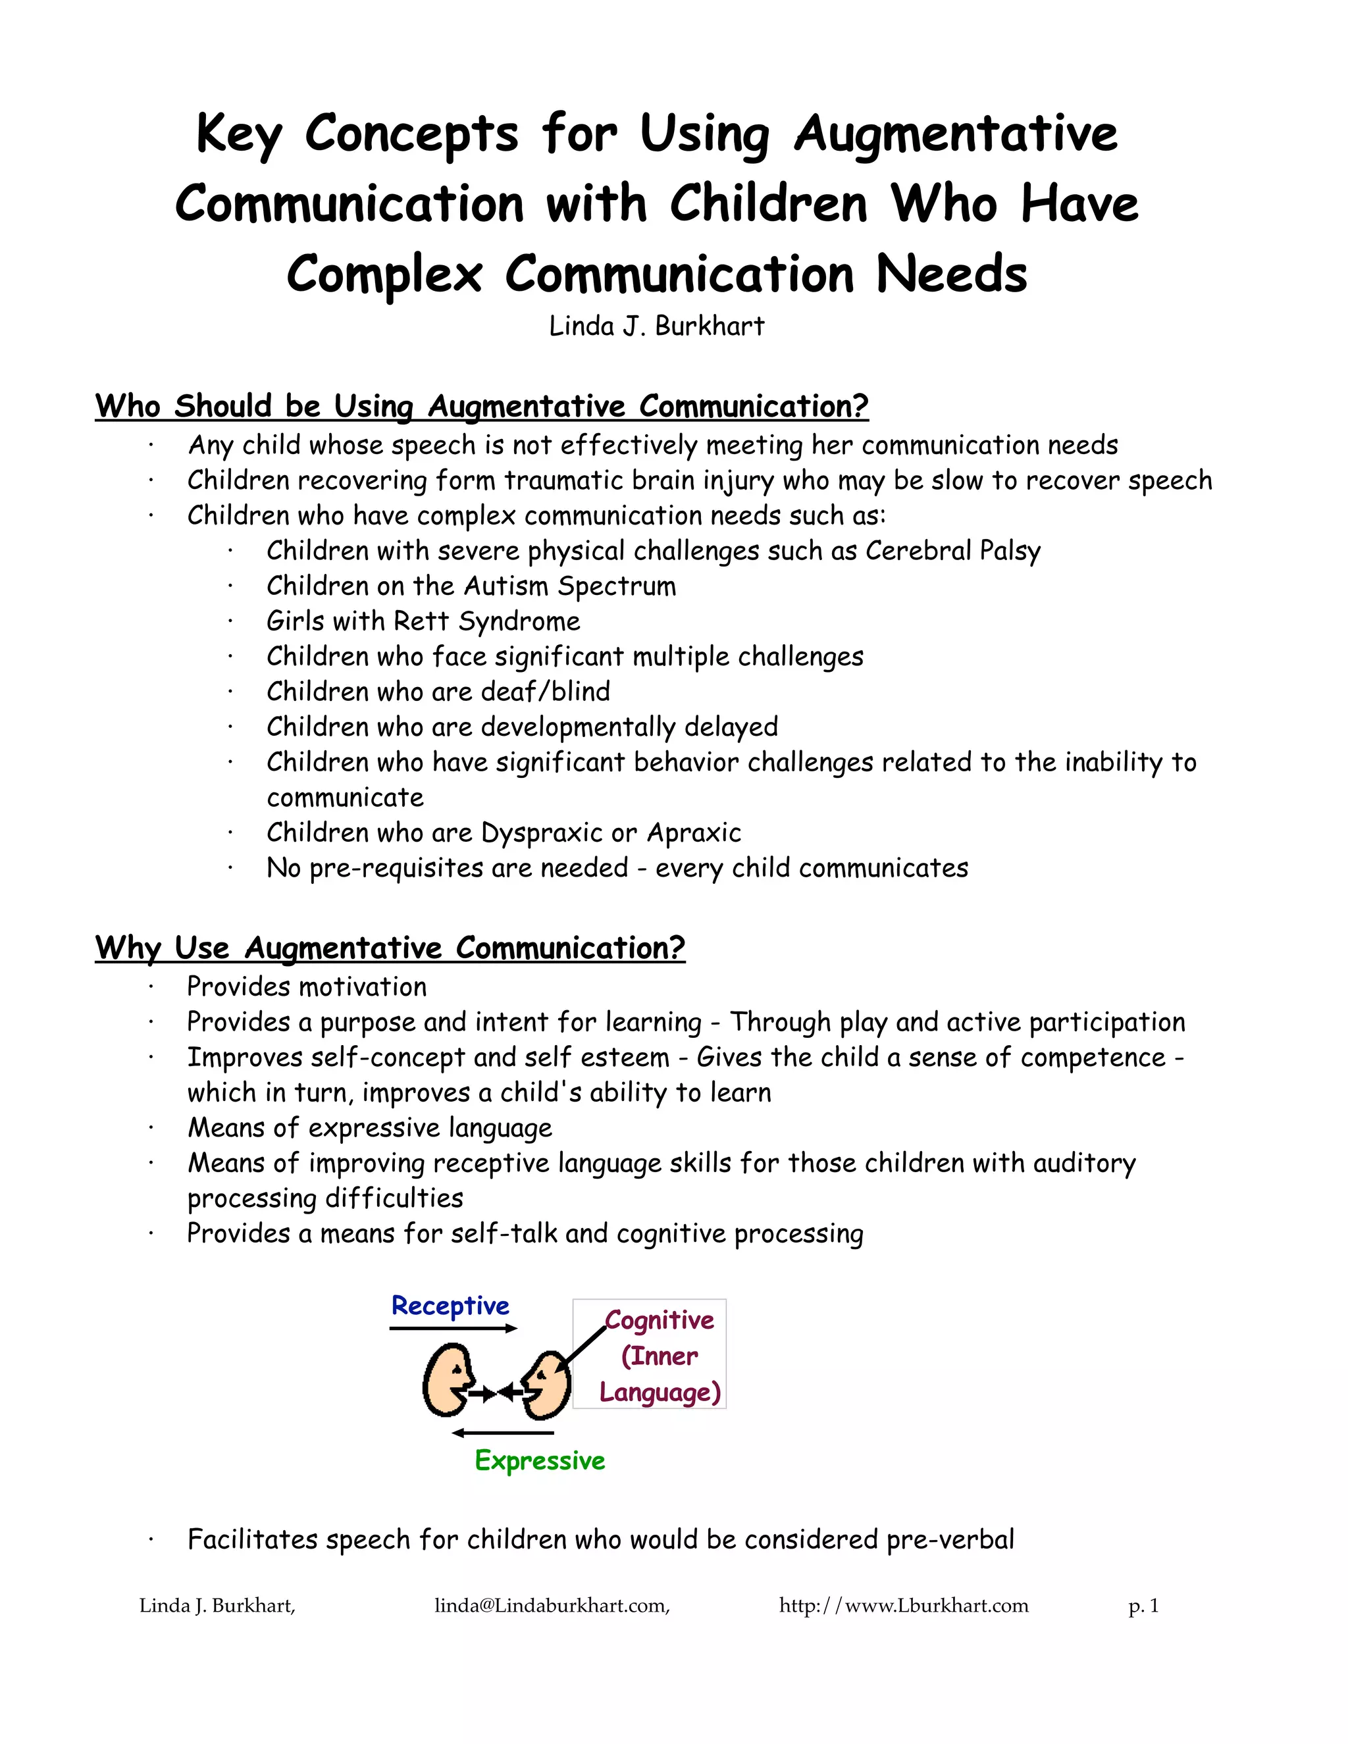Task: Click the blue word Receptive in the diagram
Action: tap(450, 1306)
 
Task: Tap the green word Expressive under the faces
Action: tap(540, 1460)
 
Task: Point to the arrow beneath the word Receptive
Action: tap(453, 1328)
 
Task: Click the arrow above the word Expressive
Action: tap(502, 1433)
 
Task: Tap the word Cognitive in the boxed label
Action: tap(660, 1321)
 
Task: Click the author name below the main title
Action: tap(656, 326)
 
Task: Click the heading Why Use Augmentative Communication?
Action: tap(390, 948)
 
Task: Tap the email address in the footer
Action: tap(552, 1605)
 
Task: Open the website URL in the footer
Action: tap(904, 1605)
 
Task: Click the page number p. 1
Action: tap(1143, 1605)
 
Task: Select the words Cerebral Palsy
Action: tap(952, 551)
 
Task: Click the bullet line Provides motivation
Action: tap(307, 987)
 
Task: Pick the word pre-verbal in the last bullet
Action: tap(950, 1539)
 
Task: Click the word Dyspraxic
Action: tap(542, 833)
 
